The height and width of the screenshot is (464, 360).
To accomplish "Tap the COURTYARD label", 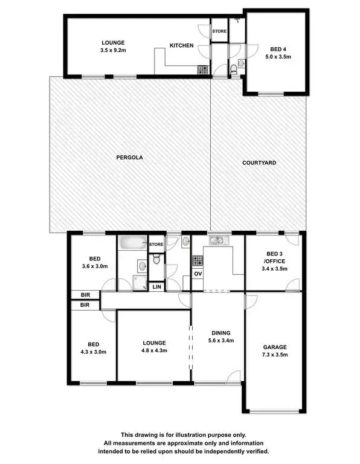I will tap(259, 163).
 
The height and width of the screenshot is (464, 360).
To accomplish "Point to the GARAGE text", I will tap(275, 347).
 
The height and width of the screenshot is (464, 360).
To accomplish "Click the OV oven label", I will tap(198, 274).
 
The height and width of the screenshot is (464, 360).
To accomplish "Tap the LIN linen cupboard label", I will tap(156, 287).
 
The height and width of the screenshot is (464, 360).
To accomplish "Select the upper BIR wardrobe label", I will tap(84, 295).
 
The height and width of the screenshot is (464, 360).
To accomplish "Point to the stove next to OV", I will tap(198, 261).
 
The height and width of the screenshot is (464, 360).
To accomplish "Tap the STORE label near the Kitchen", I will tap(219, 30).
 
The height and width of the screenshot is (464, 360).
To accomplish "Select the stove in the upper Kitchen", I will tap(202, 71).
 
